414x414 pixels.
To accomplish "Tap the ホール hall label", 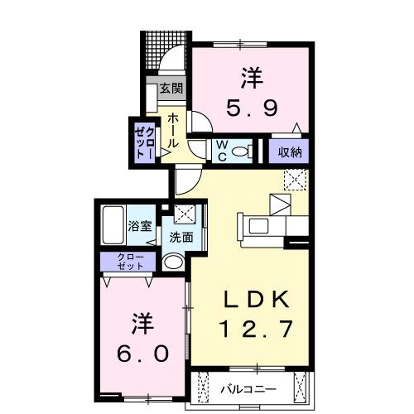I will click(x=172, y=132).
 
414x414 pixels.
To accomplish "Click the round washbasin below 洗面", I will click(x=174, y=262).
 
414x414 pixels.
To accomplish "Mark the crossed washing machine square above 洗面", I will click(x=183, y=214).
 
